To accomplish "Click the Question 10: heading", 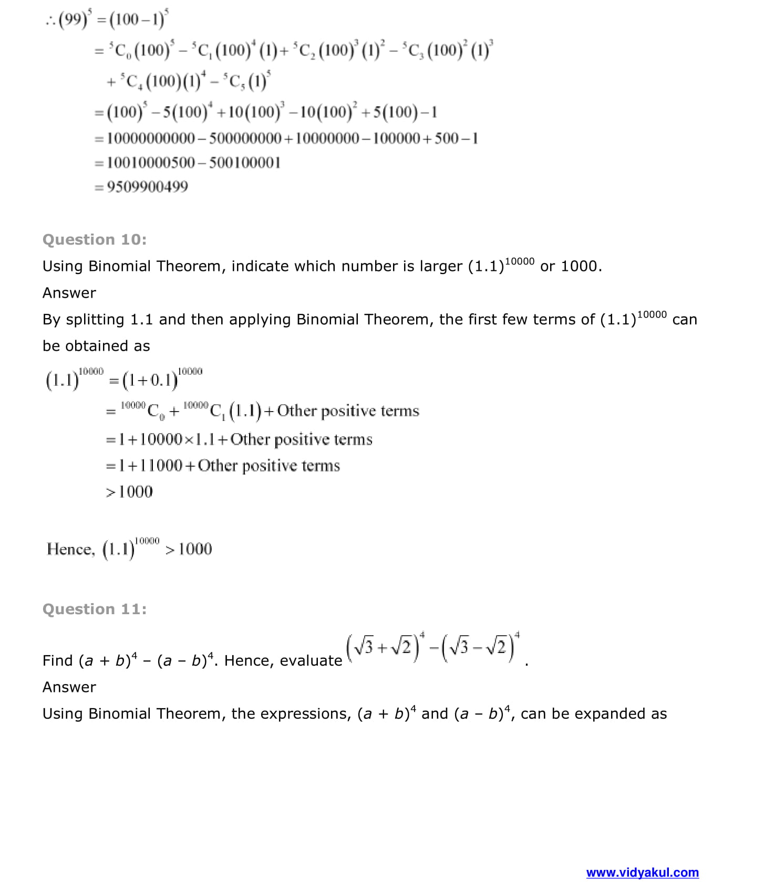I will (95, 240).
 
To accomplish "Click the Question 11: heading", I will (95, 609).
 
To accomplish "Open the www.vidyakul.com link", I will (642, 873).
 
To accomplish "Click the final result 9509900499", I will (147, 187).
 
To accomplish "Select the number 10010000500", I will (151, 163).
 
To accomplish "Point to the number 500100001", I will (245, 163).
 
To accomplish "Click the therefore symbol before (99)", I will (50, 20).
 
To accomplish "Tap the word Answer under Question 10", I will (69, 293).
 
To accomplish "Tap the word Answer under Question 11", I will (69, 687).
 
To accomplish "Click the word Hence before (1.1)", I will (70, 550).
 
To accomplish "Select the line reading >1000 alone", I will (129, 492).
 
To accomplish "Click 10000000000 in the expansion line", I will (151, 139).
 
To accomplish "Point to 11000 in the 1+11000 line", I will (161, 466).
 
